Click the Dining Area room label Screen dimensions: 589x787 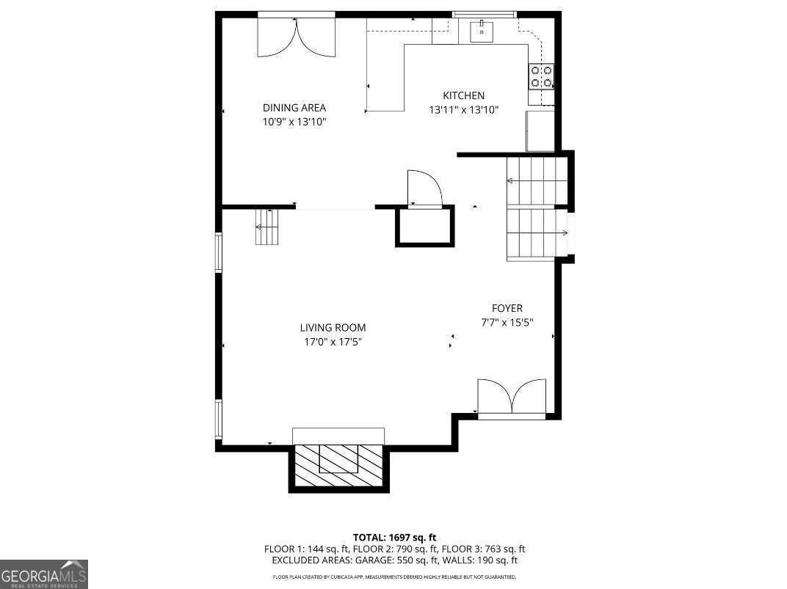coord(294,108)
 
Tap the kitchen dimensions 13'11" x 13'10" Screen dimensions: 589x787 coord(463,110)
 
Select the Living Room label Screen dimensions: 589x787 coord(332,328)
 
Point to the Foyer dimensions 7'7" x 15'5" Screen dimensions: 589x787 coord(507,322)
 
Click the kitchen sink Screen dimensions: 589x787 coord(482,30)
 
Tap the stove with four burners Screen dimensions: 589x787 coord(541,76)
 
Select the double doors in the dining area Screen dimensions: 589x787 coord(296,37)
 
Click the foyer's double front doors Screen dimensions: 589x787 coord(512,398)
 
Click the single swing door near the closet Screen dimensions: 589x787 coord(424,188)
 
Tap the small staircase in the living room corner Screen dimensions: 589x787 coord(267,227)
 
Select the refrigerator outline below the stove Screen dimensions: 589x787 coord(540,131)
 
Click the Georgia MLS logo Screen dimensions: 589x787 coord(44,574)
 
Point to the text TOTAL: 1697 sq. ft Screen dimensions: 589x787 coord(394,538)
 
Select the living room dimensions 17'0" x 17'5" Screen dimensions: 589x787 coord(332,341)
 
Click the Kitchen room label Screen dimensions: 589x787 coord(463,95)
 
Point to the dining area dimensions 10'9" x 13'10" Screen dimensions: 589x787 coord(294,122)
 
